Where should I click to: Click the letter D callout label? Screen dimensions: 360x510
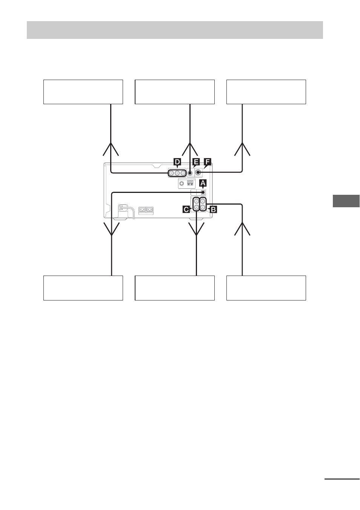[x=177, y=162]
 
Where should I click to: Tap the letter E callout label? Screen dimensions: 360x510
[x=196, y=162]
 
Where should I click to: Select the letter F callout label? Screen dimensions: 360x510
[x=207, y=162]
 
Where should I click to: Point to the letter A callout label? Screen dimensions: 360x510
[x=203, y=183]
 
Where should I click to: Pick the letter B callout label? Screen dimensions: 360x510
[x=213, y=209]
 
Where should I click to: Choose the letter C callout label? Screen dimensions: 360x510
[x=186, y=209]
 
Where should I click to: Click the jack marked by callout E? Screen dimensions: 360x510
[x=190, y=173]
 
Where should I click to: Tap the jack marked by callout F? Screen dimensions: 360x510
[x=198, y=173]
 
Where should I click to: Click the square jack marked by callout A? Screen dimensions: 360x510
[x=203, y=193]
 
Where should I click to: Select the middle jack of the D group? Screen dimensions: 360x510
[x=177, y=173]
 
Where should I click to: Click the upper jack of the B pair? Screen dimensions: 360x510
[x=203, y=201]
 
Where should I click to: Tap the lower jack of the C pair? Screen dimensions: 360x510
[x=196, y=207]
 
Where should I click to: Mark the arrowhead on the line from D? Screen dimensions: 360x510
[x=111, y=149]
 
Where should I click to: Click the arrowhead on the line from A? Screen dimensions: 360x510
[x=111, y=229]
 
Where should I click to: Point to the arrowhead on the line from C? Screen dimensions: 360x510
[x=196, y=229]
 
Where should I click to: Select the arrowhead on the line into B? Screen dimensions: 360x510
[x=242, y=229]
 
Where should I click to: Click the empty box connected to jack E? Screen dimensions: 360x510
[x=175, y=92]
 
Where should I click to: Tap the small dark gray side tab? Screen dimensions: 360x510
[x=346, y=201]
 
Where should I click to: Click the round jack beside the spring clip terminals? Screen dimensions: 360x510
[x=182, y=183]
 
